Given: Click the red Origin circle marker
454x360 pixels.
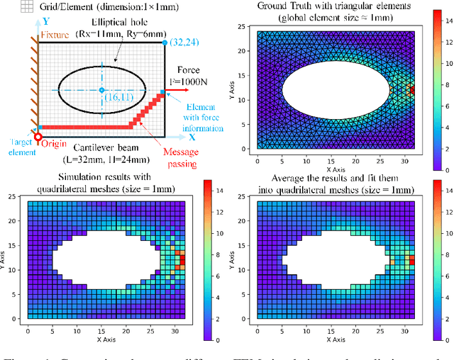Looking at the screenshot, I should [x=38, y=135].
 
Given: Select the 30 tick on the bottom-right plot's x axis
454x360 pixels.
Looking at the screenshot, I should [x=402, y=331].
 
